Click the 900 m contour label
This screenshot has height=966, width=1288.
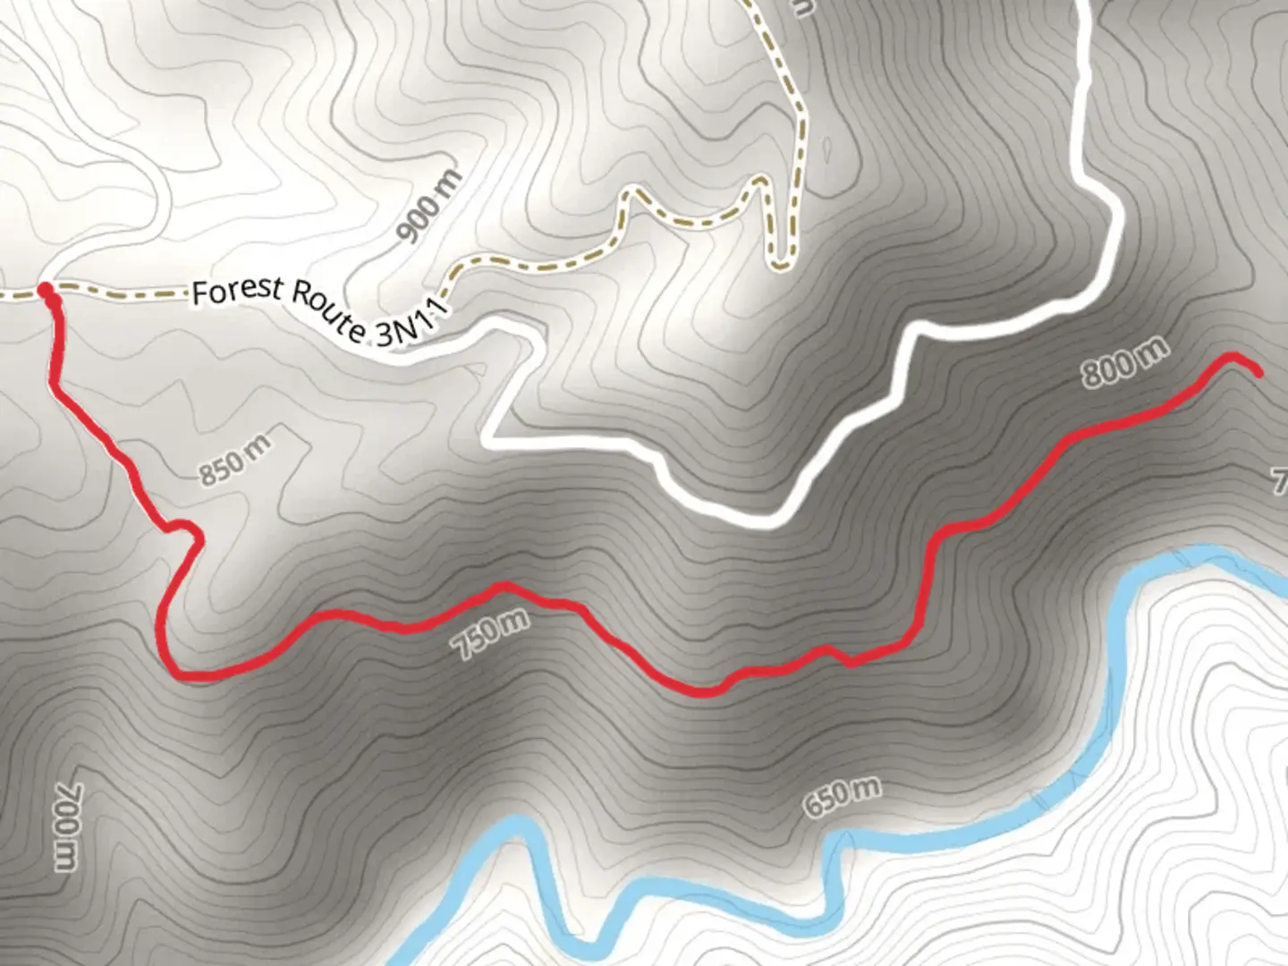point(430,207)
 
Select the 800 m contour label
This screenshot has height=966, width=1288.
point(1124,362)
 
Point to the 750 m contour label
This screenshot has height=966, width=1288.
point(491,634)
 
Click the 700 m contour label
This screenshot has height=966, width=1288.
point(67,826)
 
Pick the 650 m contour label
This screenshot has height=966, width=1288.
point(841,798)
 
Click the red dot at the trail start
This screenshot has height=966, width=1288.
point(45,289)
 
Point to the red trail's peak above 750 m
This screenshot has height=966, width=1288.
point(504,586)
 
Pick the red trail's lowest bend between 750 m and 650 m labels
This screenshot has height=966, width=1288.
point(707,691)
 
